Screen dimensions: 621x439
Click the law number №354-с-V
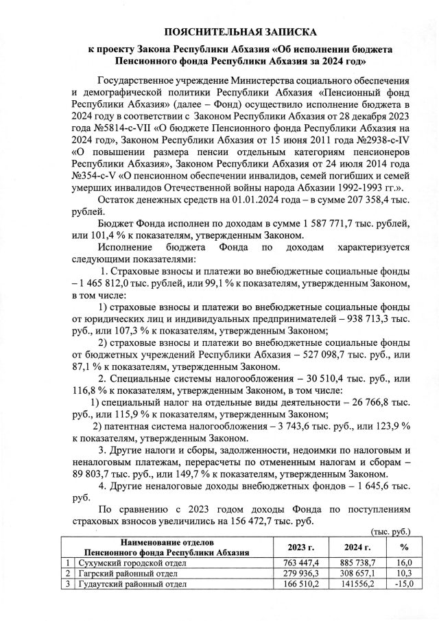tap(95, 176)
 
